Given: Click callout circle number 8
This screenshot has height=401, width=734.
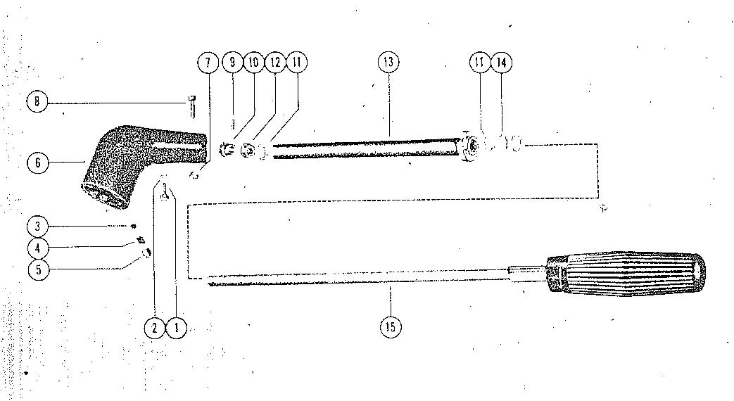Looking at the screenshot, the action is pos(37,102).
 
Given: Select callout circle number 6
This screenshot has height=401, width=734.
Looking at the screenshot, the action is pos(37,163).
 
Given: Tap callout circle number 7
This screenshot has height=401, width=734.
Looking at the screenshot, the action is pos(208,63).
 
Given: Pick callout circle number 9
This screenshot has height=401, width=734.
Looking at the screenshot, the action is pos(232,63).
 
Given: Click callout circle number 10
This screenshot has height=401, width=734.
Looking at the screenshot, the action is pos(253,63).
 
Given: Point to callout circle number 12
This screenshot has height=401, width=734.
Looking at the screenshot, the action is pos(275,63).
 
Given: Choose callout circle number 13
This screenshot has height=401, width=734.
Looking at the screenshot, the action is pos(388,63).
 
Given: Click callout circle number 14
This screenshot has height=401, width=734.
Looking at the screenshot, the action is pos(501,63).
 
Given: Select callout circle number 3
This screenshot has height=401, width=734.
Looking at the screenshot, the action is pos(37,227).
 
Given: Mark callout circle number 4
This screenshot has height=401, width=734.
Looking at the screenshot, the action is pos(37,248).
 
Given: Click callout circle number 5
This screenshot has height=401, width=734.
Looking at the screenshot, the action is pos(37,269).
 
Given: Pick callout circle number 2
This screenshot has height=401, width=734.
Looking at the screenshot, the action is pos(154,327).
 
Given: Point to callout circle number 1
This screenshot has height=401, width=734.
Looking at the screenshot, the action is pos(176,327).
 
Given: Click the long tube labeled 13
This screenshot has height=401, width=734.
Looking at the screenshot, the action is pos(366,149).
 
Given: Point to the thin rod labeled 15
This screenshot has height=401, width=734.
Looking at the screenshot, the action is pos(352,281).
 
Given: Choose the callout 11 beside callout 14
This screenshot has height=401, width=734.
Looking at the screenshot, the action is pos(479,63).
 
